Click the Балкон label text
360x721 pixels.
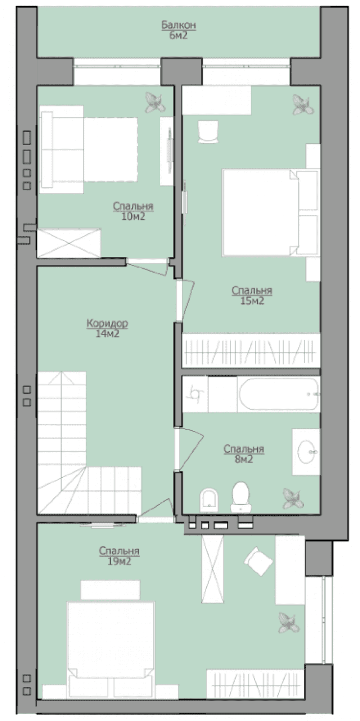(x=178, y=25)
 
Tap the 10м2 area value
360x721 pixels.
(x=133, y=216)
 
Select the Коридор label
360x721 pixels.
(x=107, y=323)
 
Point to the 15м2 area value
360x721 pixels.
(x=252, y=301)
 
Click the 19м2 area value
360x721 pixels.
(x=119, y=561)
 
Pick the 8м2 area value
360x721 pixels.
(x=244, y=459)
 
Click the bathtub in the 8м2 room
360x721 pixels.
(x=279, y=394)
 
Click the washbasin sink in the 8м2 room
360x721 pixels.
(x=306, y=452)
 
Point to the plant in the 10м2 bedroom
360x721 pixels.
(x=155, y=102)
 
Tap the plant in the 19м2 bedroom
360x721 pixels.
(x=288, y=623)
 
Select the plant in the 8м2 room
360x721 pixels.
(x=293, y=498)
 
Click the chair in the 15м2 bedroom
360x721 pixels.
(x=208, y=132)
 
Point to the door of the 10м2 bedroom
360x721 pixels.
(x=148, y=267)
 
